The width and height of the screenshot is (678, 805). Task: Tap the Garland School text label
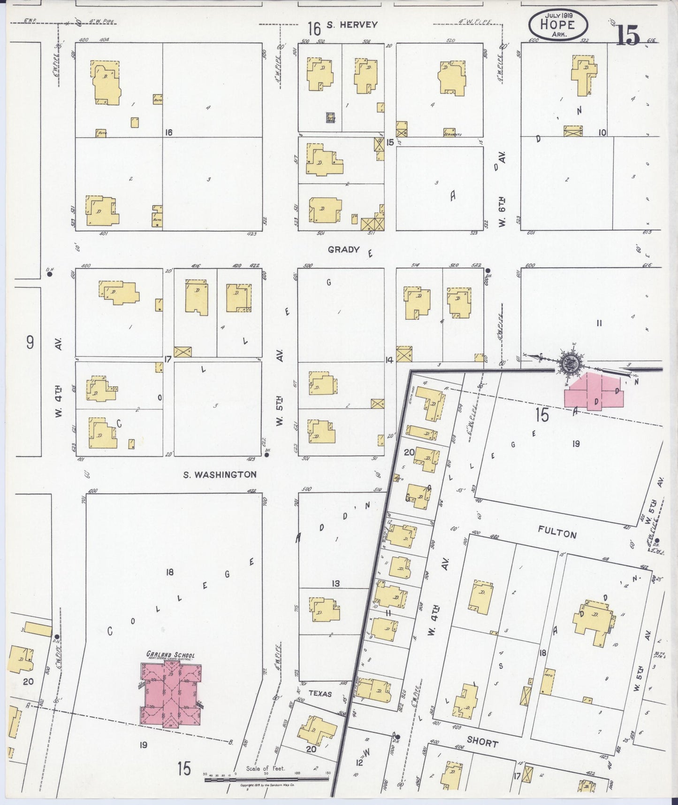click(x=170, y=655)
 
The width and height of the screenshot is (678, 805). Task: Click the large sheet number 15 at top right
click(x=628, y=35)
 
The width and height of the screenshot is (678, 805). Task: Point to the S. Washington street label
click(x=220, y=474)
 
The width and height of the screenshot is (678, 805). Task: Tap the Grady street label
click(x=343, y=250)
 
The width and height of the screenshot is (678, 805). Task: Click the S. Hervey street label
click(x=352, y=25)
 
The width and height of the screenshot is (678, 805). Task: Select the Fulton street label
click(x=557, y=534)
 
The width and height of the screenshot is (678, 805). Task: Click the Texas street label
click(x=320, y=693)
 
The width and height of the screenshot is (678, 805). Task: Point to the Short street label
click(x=482, y=743)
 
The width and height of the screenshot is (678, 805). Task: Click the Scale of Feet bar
click(x=267, y=780)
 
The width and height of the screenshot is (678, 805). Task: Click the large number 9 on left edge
click(x=30, y=342)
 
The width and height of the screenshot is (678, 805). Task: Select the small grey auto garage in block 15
click(x=331, y=118)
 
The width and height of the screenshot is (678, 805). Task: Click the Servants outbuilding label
click(x=452, y=133)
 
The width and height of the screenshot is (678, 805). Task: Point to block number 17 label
click(x=168, y=360)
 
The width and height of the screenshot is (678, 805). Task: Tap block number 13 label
click(x=335, y=583)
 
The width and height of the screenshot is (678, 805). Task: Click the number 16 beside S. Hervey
click(x=314, y=29)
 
